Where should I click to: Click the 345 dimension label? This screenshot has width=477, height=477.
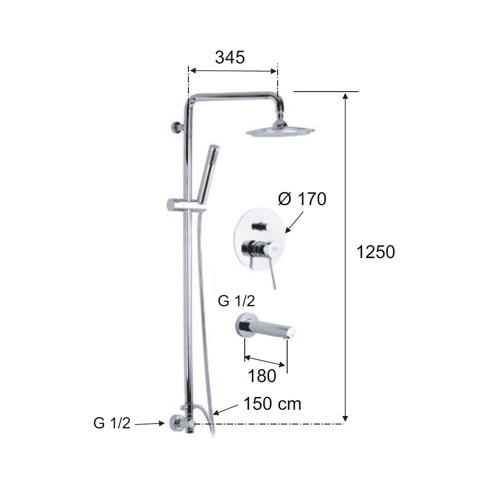click(x=230, y=57)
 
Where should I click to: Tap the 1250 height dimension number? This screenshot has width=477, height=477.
click(x=375, y=252)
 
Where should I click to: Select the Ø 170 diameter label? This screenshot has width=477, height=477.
click(x=302, y=199)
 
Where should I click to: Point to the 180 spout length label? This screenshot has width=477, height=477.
click(x=262, y=376)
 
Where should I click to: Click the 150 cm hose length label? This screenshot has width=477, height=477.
click(x=272, y=404)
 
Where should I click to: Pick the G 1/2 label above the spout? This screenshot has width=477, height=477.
click(x=237, y=301)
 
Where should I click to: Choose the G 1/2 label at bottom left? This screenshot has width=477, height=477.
click(x=112, y=423)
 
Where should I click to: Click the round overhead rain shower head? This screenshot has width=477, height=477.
click(x=280, y=132)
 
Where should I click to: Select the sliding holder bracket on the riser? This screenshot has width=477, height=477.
click(x=181, y=205)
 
